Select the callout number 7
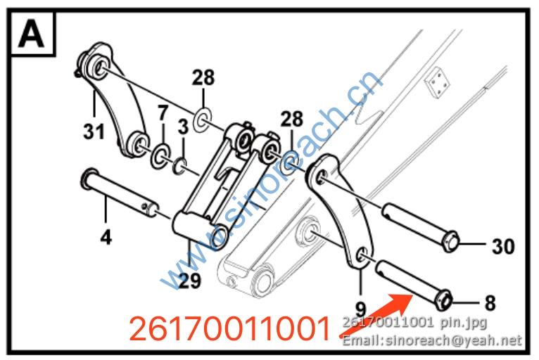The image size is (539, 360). point(163,112)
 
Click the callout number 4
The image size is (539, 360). point(106,237)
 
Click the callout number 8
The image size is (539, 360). point(490,303)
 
